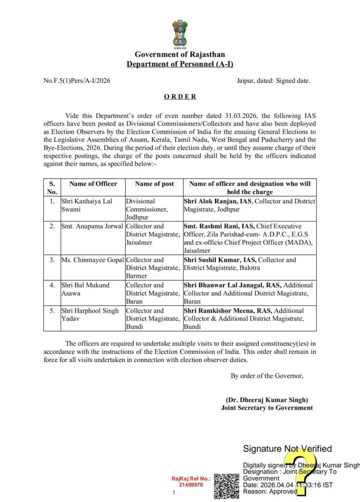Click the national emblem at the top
(x=180, y=34)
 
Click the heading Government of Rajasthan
(x=180, y=54)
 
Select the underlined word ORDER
(x=180, y=97)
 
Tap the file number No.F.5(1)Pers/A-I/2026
(x=77, y=81)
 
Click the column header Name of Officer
(x=93, y=184)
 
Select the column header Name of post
(x=154, y=184)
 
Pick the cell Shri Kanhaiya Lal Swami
(x=86, y=205)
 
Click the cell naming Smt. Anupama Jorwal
(x=92, y=226)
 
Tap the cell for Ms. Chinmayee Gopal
(x=93, y=260)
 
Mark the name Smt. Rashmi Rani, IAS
(x=219, y=226)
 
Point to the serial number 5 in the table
(x=52, y=311)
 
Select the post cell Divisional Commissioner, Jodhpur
(x=147, y=209)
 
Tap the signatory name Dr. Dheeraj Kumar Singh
(x=267, y=400)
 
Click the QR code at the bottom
(x=226, y=486)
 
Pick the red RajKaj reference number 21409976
(x=191, y=485)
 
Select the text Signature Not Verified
(x=287, y=449)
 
